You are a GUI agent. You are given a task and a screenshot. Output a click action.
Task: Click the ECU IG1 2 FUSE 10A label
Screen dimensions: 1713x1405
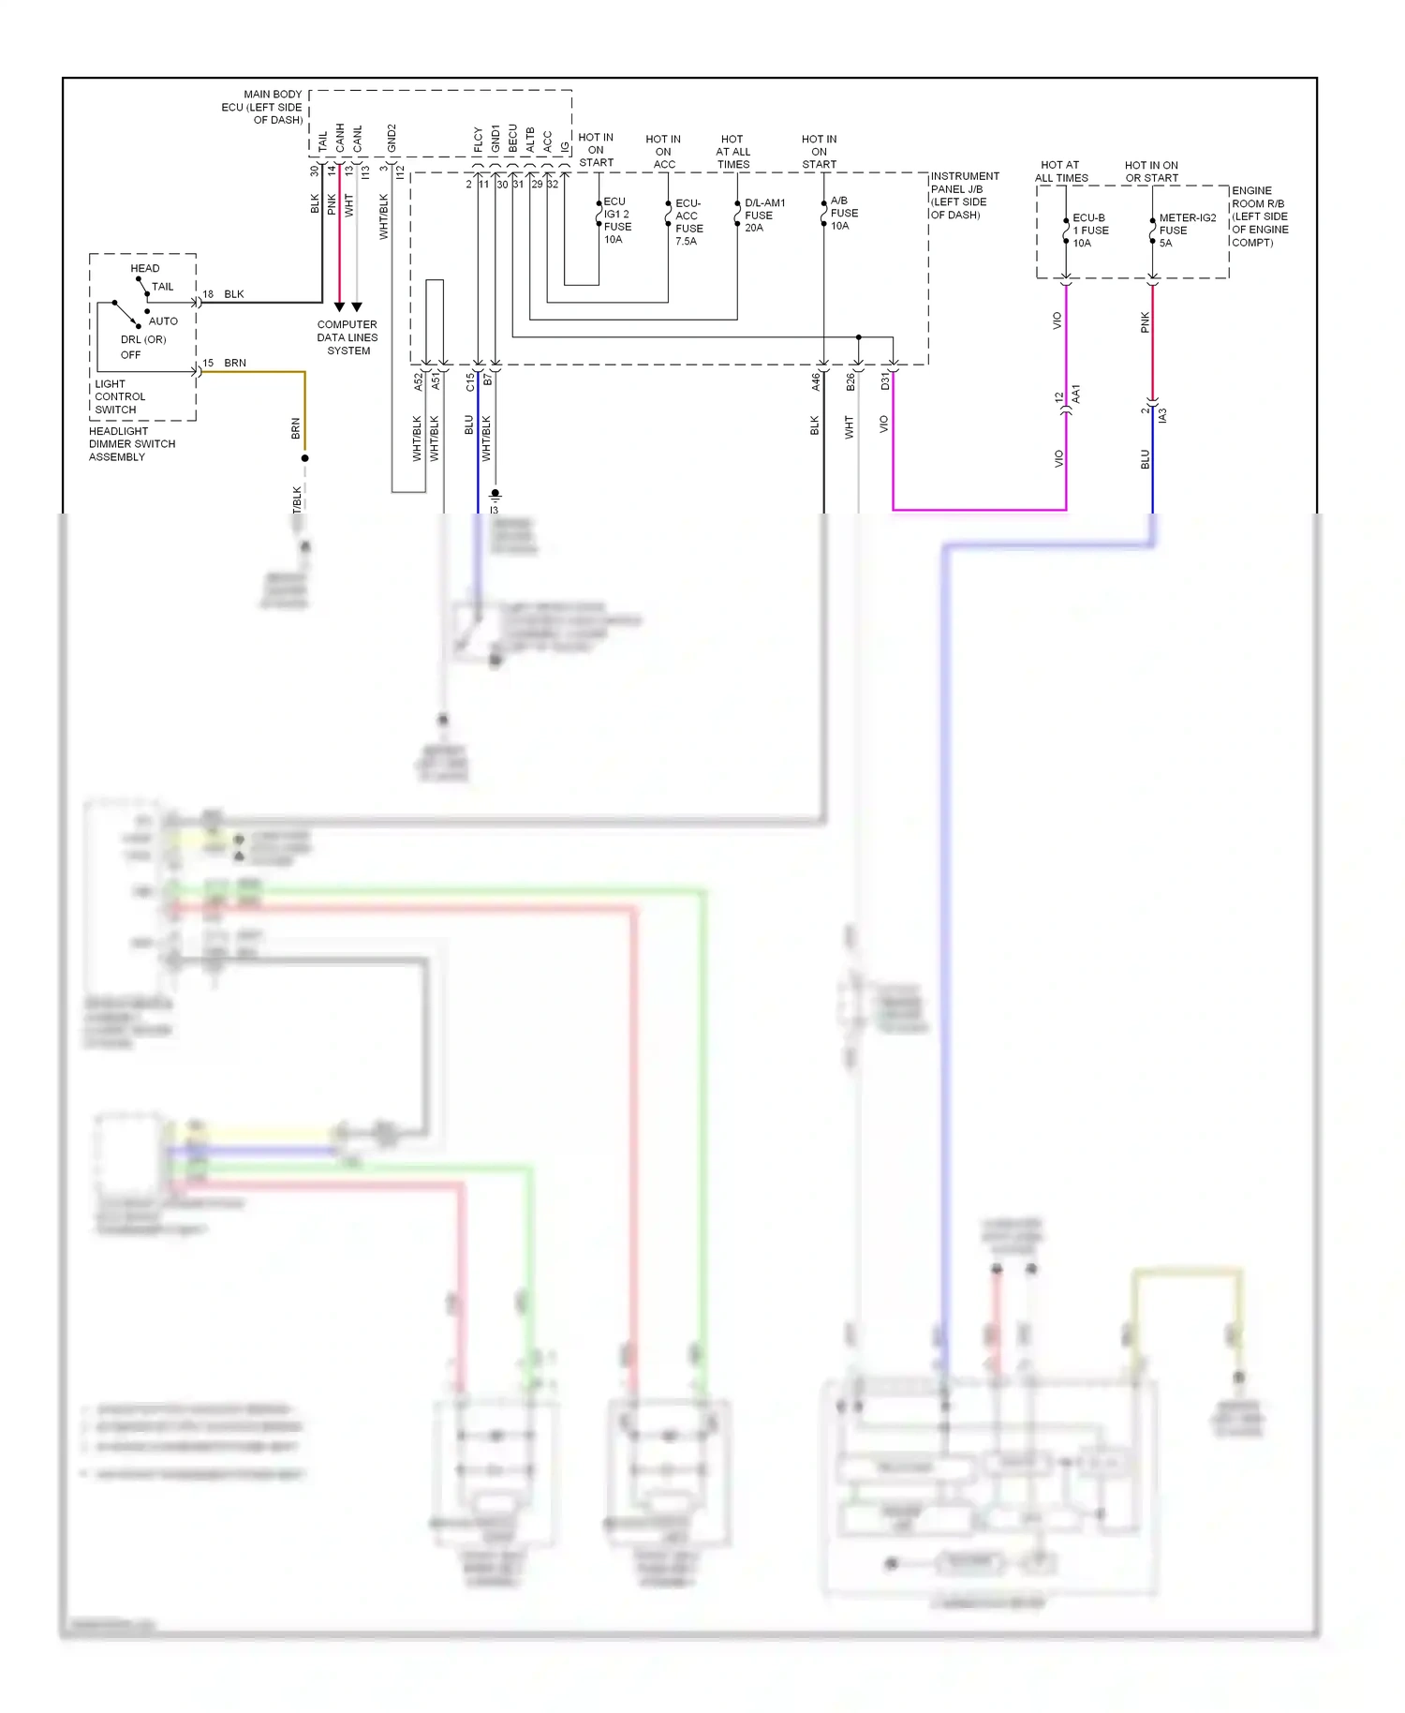(616, 220)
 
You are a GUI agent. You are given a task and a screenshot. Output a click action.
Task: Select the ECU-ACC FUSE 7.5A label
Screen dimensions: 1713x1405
(688, 222)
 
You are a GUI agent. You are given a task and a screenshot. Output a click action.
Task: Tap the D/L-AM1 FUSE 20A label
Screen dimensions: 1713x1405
(763, 215)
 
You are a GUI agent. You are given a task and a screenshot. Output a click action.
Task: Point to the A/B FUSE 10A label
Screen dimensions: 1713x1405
(843, 213)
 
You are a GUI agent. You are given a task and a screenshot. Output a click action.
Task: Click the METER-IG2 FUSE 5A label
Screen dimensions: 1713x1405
(1186, 230)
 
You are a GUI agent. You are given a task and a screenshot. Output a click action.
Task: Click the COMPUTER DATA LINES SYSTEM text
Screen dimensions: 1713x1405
(348, 337)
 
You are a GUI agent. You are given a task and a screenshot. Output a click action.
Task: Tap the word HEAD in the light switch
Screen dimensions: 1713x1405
(145, 268)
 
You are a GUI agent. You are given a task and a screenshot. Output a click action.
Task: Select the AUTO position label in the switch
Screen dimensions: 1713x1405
(163, 320)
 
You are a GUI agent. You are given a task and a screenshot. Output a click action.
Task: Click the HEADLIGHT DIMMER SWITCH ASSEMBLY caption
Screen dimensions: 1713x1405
(131, 444)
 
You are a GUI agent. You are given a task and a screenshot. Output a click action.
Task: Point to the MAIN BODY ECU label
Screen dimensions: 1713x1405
(263, 107)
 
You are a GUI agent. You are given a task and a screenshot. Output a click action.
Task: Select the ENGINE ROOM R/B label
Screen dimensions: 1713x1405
(1259, 216)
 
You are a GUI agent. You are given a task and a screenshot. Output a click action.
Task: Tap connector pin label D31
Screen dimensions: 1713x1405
(884, 380)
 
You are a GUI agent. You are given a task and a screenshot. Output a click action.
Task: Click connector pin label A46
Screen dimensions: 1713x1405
(815, 380)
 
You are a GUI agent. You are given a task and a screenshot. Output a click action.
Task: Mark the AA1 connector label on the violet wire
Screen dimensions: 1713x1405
(1076, 394)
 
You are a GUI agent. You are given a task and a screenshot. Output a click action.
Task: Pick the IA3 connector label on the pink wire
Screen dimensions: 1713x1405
(1162, 414)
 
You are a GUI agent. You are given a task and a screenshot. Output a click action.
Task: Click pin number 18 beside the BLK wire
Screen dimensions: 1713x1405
(208, 294)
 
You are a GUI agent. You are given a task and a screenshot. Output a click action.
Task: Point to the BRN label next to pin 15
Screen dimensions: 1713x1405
(235, 363)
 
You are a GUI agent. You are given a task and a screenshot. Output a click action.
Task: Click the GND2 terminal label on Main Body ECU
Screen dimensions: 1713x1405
(392, 138)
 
